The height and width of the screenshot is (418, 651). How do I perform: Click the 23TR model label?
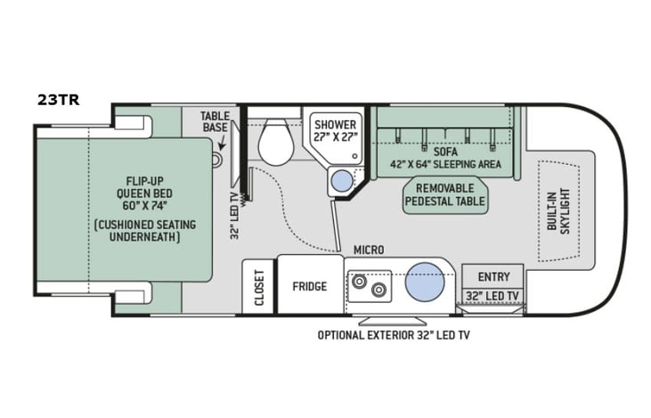(59, 100)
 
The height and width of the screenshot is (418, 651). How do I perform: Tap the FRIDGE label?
(310, 286)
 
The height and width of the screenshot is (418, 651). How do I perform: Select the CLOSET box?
(259, 287)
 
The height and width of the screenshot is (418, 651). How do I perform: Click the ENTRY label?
(493, 277)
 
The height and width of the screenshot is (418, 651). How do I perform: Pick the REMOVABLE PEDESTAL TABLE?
(445, 195)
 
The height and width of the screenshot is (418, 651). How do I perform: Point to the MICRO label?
(368, 250)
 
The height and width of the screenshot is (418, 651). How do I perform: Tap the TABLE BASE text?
(215, 121)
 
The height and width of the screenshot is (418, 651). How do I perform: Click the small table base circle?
(216, 160)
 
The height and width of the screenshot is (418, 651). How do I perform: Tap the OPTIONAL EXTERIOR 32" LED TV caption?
(394, 335)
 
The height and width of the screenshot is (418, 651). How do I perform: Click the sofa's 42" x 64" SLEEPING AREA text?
(445, 164)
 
